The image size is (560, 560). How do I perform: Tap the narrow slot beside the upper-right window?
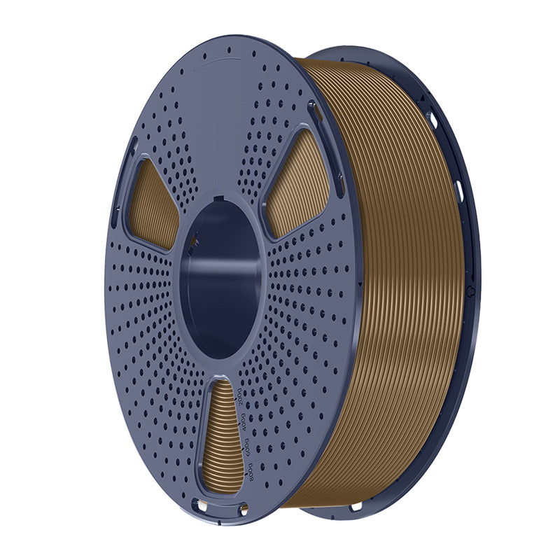tap(313, 112)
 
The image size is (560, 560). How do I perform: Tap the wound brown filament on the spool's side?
tap(399, 280)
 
